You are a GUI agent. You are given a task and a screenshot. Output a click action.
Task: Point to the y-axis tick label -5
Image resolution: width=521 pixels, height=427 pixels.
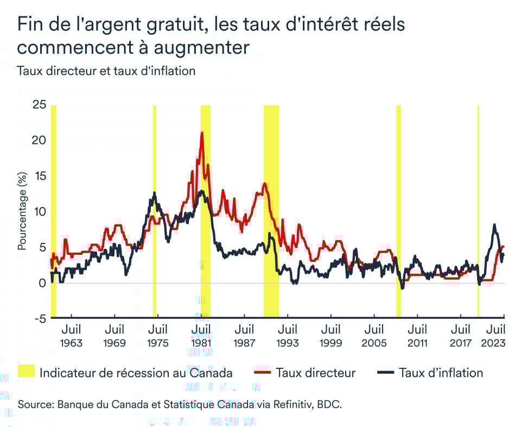tap(39, 318)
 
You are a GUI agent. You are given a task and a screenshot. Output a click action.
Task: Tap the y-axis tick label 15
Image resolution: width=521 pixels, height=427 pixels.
tap(39, 176)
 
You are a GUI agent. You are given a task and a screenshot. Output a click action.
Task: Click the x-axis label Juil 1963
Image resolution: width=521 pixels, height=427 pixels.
tap(71, 336)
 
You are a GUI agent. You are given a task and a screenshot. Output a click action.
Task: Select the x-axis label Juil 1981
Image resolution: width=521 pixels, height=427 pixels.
tap(201, 336)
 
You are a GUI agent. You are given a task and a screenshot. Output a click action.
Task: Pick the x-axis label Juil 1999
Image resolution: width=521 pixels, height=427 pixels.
tap(331, 336)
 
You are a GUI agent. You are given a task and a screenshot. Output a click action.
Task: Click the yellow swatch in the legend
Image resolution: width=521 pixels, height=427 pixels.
tap(26, 372)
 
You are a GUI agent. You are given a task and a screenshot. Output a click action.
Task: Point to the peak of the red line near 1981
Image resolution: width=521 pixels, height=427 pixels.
tap(202, 132)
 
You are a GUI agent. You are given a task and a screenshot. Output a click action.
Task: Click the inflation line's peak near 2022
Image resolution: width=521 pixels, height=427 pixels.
tap(494, 224)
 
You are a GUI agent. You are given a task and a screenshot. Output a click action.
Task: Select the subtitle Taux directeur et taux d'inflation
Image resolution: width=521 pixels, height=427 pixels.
tap(106, 71)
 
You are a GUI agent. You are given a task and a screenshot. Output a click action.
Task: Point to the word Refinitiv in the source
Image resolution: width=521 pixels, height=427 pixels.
tap(297, 405)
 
